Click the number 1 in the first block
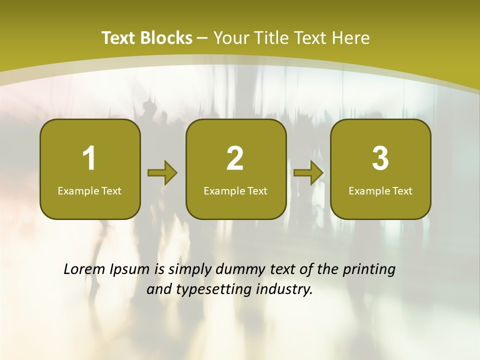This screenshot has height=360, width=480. (x=89, y=158)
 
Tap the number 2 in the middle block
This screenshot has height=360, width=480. (x=235, y=158)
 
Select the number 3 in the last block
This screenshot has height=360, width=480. (x=380, y=158)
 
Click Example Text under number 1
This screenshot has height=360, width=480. (x=89, y=190)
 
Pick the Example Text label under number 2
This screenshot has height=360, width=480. (x=235, y=190)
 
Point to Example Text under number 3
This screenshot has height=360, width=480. (x=380, y=190)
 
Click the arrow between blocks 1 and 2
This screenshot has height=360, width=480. (x=162, y=173)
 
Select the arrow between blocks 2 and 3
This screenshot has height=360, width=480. (x=308, y=173)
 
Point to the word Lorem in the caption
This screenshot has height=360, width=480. (x=82, y=269)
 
